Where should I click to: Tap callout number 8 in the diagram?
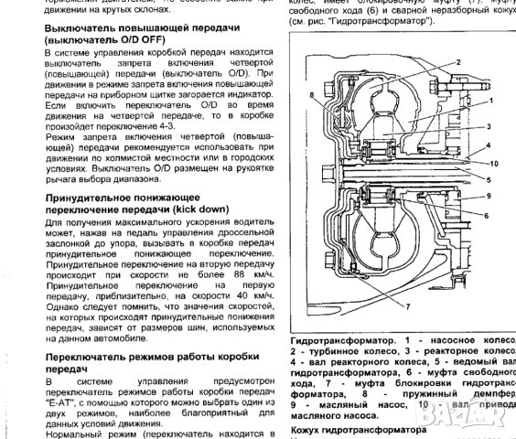313,93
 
